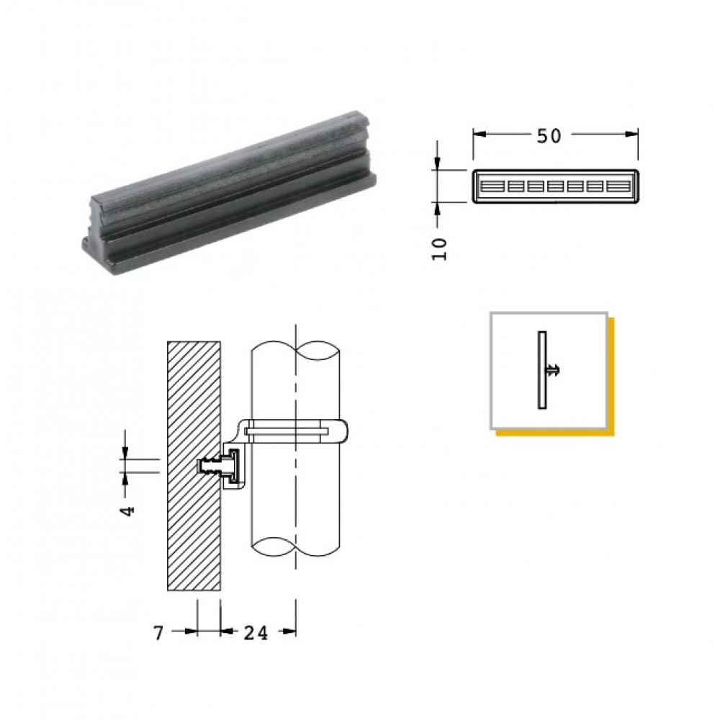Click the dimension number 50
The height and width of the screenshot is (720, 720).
tap(549, 136)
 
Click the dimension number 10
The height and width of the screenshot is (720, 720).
tap(439, 249)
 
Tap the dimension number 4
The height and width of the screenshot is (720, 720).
tap(128, 510)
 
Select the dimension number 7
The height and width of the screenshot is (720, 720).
tap(158, 633)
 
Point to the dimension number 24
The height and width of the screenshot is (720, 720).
tap(256, 633)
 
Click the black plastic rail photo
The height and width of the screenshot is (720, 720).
tap(229, 192)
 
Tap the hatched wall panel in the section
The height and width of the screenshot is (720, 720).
tap(194, 466)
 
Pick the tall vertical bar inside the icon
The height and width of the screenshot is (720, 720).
tap(542, 370)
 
